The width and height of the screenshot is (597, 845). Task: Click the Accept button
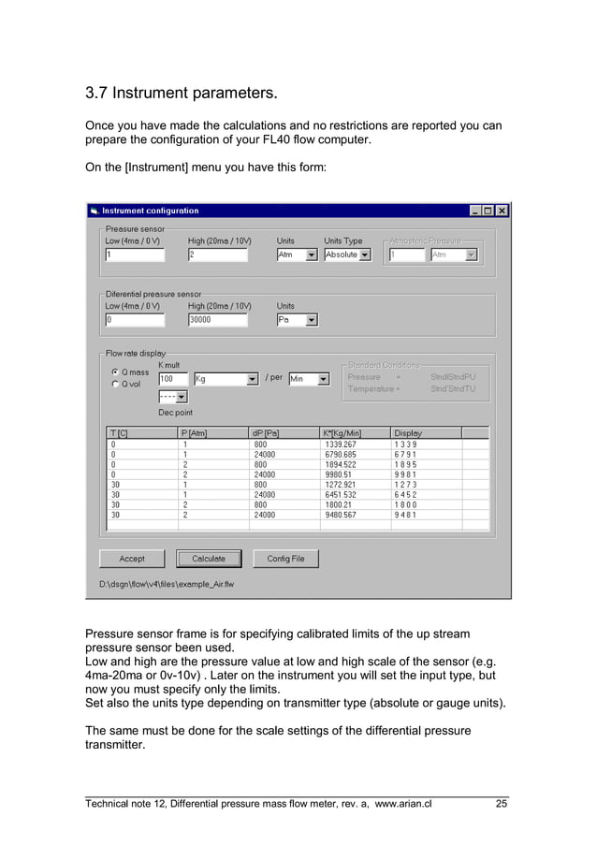pyautogui.click(x=132, y=559)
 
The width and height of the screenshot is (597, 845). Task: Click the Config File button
pyautogui.click(x=285, y=559)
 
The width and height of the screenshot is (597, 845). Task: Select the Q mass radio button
pyautogui.click(x=115, y=372)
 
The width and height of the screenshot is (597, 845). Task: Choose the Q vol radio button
pyautogui.click(x=115, y=383)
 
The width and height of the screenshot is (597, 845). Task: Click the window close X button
pyautogui.click(x=502, y=211)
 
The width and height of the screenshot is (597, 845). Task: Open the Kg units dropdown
pyautogui.click(x=252, y=379)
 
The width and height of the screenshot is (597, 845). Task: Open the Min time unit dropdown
pyautogui.click(x=323, y=379)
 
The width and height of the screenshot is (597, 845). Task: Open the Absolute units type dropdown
pyautogui.click(x=365, y=255)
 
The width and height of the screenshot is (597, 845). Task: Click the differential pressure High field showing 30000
pyautogui.click(x=217, y=319)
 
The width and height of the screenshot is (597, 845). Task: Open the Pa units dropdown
pyautogui.click(x=312, y=319)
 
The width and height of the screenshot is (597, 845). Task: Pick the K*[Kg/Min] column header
pyautogui.click(x=355, y=432)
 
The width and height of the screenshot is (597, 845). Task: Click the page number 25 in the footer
pyautogui.click(x=502, y=803)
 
